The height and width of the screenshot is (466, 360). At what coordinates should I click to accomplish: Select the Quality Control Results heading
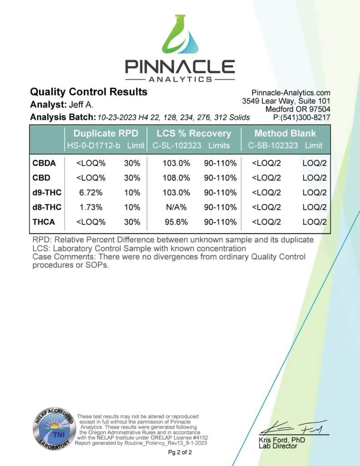(89, 91)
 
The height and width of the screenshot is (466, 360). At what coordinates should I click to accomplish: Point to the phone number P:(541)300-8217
(301, 117)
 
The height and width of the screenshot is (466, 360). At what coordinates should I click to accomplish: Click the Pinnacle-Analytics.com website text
(291, 93)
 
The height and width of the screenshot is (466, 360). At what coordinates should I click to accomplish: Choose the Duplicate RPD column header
(105, 133)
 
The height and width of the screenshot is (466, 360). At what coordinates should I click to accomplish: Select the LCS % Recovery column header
(193, 133)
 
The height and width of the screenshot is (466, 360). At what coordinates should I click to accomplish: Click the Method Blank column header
(285, 133)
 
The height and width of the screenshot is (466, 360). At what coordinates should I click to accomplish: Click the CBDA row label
(45, 162)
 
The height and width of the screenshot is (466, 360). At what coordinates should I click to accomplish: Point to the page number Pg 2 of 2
(180, 452)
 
